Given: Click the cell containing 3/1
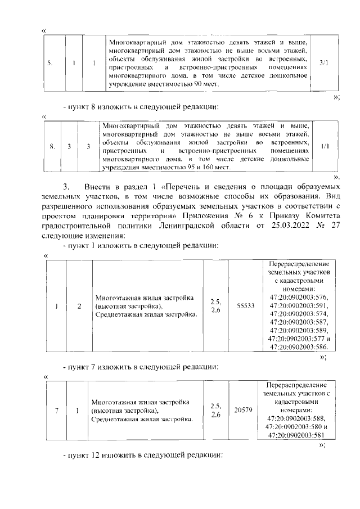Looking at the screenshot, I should tap(323, 63).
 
